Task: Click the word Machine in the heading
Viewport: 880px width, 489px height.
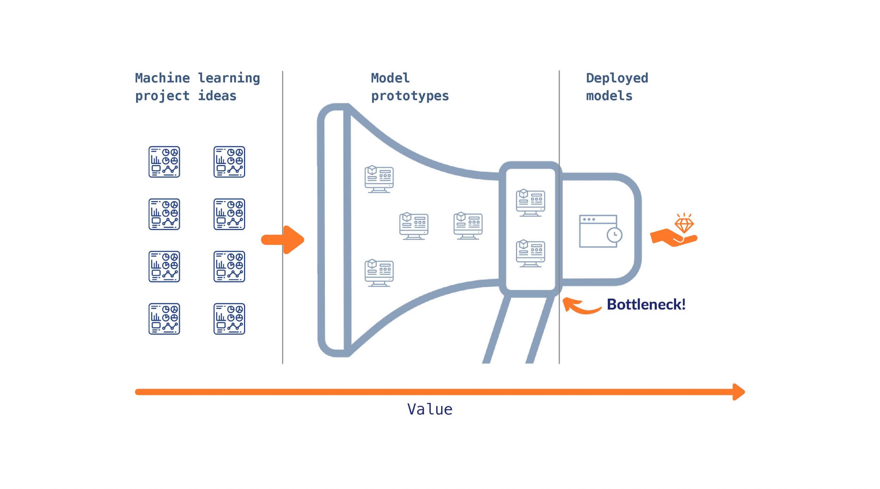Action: coord(162,78)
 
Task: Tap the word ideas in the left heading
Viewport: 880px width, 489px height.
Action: coord(217,96)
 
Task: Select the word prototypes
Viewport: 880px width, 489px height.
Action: coord(410,96)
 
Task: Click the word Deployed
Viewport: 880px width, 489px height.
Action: coord(617,78)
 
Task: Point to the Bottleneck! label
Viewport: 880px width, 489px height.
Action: coord(646,304)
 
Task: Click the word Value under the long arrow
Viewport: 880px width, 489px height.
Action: coord(430,409)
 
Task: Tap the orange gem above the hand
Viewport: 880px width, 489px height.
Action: coord(684,225)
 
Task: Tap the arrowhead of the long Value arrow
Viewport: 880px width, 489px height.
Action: coord(738,392)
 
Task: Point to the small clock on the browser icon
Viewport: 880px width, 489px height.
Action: coord(614,235)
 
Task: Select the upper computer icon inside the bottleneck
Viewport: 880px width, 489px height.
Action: coord(530,202)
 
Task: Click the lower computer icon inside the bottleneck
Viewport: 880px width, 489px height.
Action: coord(530,253)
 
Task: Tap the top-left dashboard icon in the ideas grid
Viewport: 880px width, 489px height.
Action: coord(164,162)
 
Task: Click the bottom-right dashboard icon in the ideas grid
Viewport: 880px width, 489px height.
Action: coord(229,318)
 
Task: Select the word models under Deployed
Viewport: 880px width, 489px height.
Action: coord(609,96)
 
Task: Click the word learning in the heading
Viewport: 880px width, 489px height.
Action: coord(229,78)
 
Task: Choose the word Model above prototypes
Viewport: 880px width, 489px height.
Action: coord(390,78)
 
